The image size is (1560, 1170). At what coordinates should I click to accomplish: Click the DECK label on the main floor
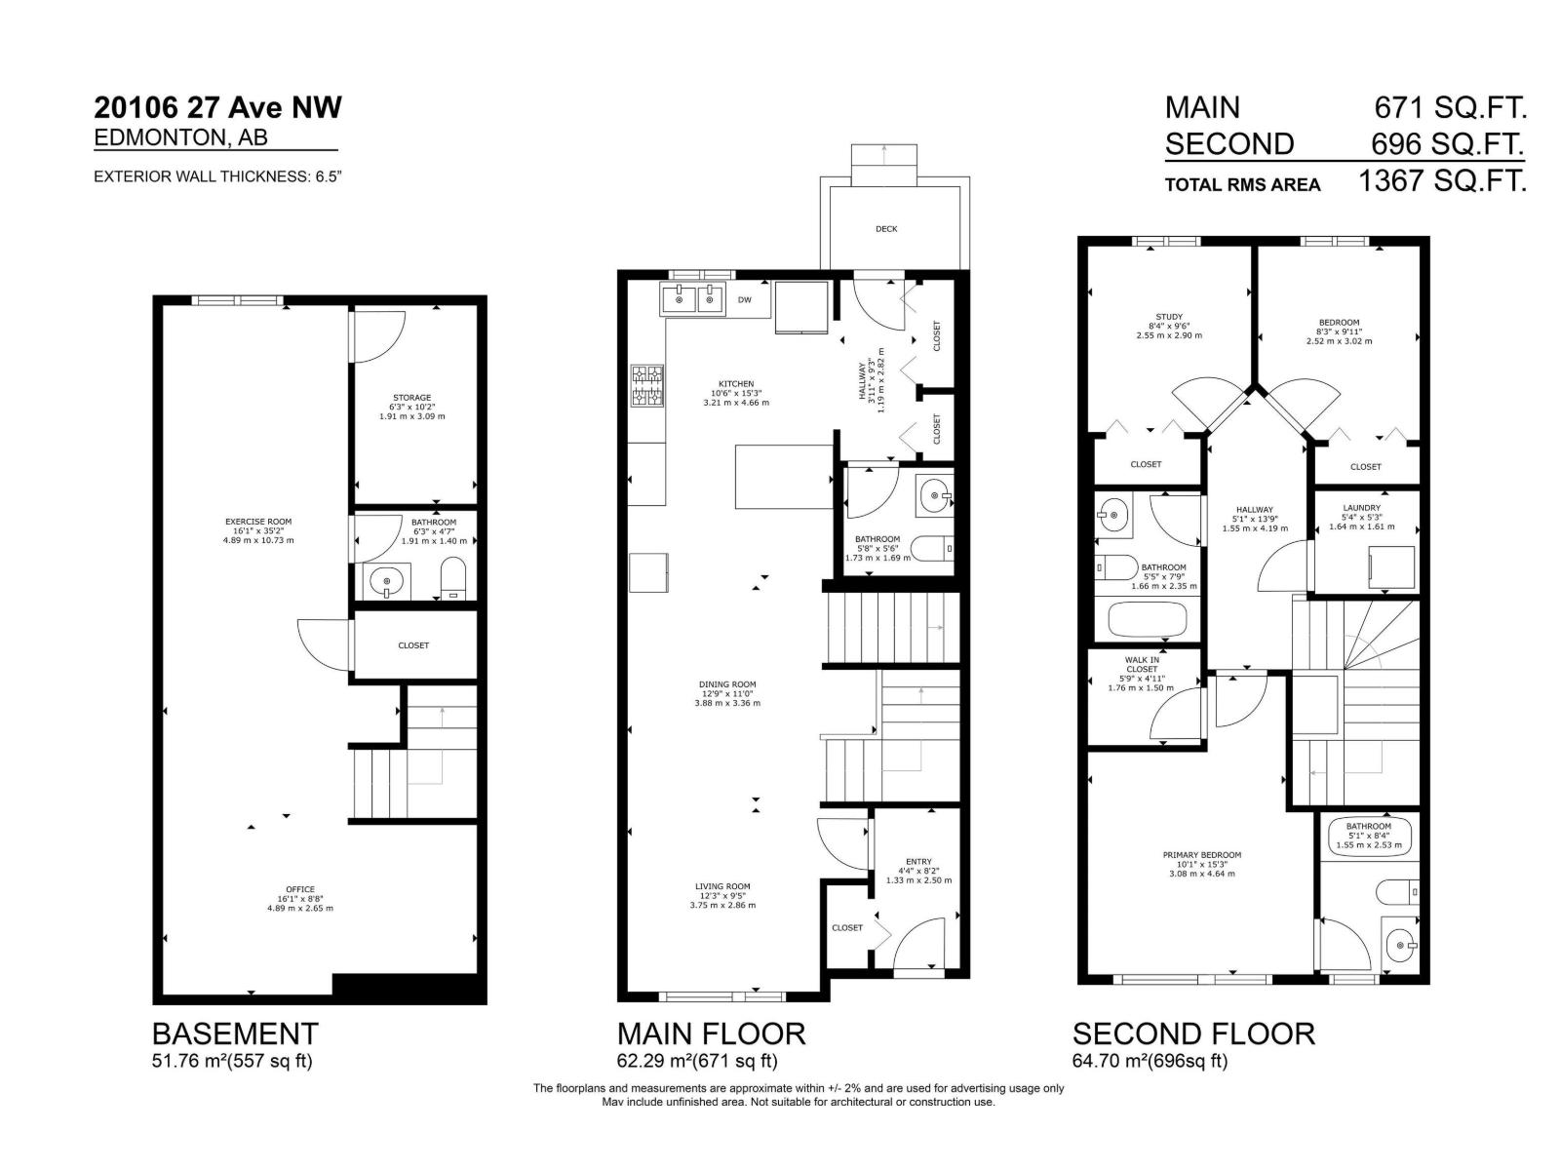pyautogui.click(x=886, y=229)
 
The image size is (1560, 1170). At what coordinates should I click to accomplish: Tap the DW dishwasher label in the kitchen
pyautogui.click(x=745, y=300)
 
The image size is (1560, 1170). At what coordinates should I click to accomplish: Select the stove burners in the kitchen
pyautogui.click(x=647, y=385)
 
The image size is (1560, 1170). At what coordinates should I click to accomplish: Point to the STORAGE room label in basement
pyautogui.click(x=411, y=398)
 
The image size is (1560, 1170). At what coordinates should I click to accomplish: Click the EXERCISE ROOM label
pyautogui.click(x=258, y=522)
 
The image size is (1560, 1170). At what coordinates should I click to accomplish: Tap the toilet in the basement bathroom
pyautogui.click(x=453, y=579)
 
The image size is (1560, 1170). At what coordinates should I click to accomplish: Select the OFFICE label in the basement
pyautogui.click(x=300, y=889)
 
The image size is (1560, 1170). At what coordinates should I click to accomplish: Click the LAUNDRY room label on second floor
pyautogui.click(x=1361, y=508)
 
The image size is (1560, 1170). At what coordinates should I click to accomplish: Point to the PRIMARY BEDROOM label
pyautogui.click(x=1202, y=855)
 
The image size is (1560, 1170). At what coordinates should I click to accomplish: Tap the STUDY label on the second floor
pyautogui.click(x=1169, y=317)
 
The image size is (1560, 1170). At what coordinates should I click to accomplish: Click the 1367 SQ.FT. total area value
pyautogui.click(x=1442, y=180)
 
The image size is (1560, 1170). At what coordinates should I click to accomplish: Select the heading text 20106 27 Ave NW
pyautogui.click(x=218, y=107)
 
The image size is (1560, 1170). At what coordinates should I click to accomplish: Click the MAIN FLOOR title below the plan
pyautogui.click(x=711, y=1033)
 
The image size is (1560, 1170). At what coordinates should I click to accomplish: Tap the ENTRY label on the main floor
pyautogui.click(x=918, y=862)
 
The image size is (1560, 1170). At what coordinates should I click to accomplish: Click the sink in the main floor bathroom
pyautogui.click(x=936, y=496)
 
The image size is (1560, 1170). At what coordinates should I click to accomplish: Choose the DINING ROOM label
pyautogui.click(x=727, y=684)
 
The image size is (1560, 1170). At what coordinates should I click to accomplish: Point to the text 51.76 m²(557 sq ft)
pyautogui.click(x=232, y=1061)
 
